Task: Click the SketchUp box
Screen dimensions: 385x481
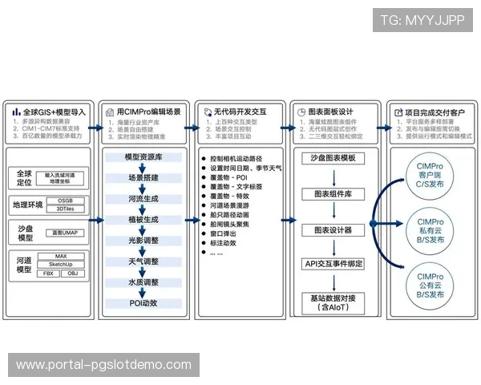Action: [x=61, y=264]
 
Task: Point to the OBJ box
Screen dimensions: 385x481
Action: [x=72, y=274]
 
